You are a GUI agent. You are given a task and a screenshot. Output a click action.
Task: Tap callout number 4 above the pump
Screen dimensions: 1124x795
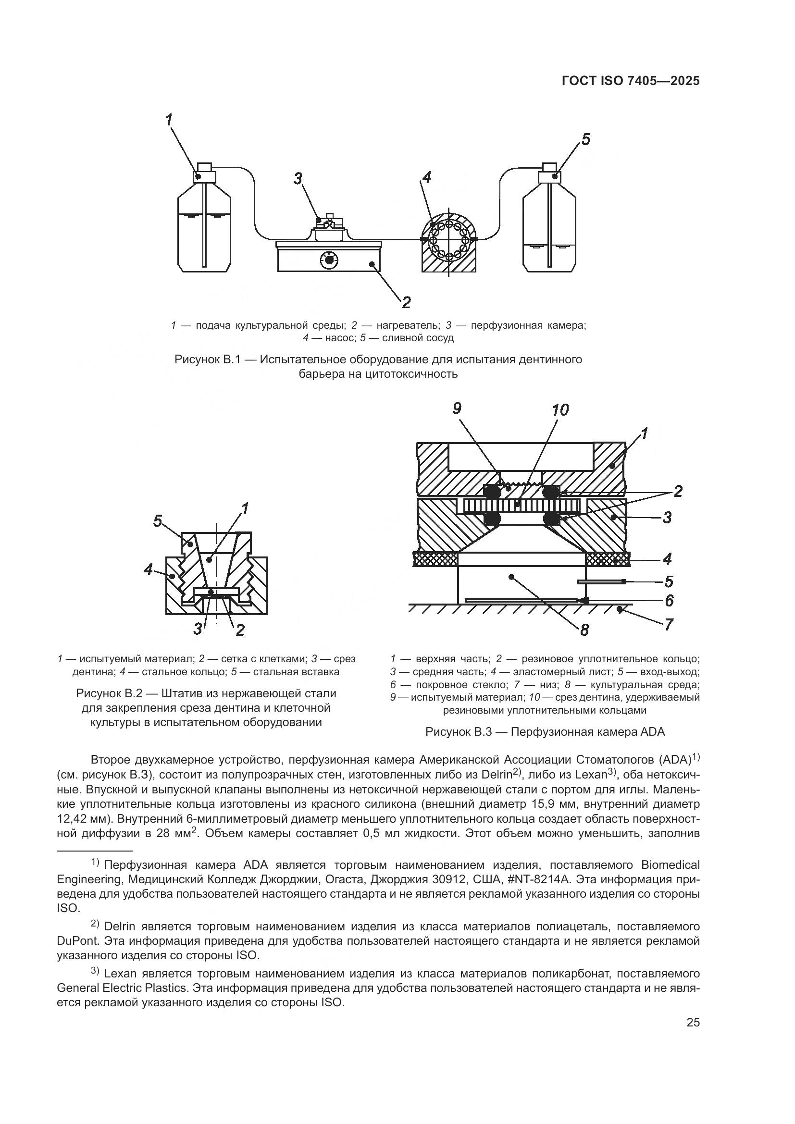(427, 177)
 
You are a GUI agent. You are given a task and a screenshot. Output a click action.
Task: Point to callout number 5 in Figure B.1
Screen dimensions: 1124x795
(586, 139)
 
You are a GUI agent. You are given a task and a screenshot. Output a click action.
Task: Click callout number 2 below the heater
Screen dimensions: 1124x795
(406, 302)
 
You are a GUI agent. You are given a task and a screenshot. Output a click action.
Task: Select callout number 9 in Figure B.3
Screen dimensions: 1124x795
(457, 408)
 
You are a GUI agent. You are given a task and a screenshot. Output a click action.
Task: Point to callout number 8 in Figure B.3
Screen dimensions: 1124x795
(584, 630)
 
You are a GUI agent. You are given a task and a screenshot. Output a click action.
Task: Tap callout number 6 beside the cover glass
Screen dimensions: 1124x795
(669, 600)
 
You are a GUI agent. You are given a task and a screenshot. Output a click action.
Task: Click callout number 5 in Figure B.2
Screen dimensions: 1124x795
(158, 521)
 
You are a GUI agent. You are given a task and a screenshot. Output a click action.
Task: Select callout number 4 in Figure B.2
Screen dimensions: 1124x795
(149, 569)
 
